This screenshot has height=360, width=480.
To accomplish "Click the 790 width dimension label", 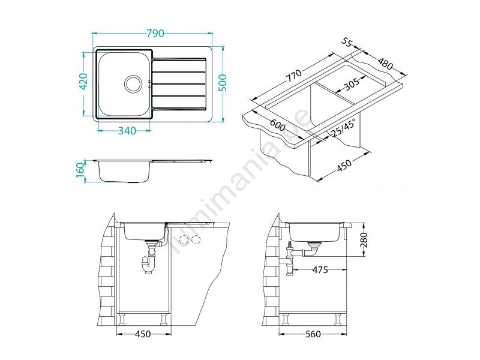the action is pos(155,33).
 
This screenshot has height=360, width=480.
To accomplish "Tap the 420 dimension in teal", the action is pos(83,82).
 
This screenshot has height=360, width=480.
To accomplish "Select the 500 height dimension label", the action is pos(223,83).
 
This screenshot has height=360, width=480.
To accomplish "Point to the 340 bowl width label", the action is pos(127,131).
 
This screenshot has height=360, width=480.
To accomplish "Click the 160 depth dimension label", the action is pos(80,170).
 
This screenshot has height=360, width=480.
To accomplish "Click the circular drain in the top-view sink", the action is pos(133,83).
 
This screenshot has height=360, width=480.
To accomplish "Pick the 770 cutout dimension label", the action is pos(294,76).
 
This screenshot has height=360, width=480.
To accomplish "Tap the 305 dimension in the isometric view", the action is pos(352,85).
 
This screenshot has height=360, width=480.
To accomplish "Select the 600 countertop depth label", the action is pos(277,125).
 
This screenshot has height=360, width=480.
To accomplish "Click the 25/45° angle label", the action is pos(343,127).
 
